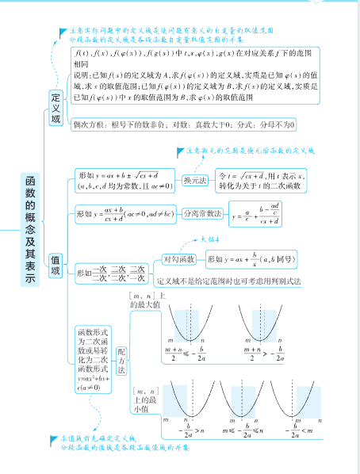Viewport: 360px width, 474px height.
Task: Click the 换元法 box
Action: (x=195, y=180)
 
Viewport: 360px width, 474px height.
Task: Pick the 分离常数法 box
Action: (x=201, y=214)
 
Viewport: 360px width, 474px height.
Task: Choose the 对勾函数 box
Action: (x=178, y=259)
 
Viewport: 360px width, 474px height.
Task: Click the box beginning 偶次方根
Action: (x=182, y=125)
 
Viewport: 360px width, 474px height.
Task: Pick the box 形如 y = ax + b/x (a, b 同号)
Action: (x=253, y=259)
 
